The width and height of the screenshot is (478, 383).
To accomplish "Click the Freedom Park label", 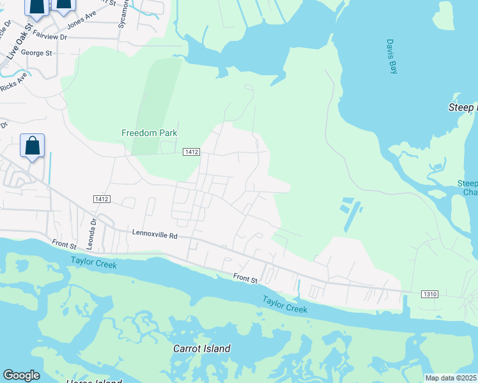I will (149, 133).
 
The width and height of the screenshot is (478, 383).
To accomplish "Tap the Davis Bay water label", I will (392, 57).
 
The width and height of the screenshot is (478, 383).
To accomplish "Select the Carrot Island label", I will (202, 349).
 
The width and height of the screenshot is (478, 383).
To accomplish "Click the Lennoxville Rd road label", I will (154, 235).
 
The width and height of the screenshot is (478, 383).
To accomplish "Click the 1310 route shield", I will (429, 294).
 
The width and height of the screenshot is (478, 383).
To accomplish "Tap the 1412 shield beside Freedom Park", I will (192, 152).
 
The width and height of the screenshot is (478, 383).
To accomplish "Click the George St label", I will (36, 53).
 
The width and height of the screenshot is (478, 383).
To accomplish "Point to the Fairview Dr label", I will (49, 36).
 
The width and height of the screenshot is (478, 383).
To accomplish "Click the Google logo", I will (21, 375).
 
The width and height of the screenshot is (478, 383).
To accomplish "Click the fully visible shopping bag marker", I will (33, 146).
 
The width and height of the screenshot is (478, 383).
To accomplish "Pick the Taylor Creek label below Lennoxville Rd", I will (94, 262).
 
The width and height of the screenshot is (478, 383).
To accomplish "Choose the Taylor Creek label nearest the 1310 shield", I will (285, 304).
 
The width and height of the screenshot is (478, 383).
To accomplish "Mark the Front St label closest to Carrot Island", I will (245, 278).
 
